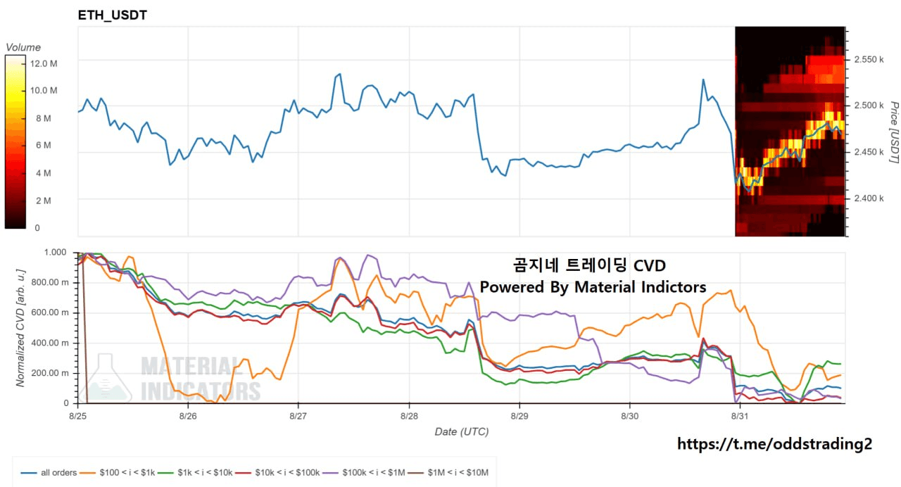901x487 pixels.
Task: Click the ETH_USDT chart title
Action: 112,15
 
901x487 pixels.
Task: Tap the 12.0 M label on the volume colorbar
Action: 44,63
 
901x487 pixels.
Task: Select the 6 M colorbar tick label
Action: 44,145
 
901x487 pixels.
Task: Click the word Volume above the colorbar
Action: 23,47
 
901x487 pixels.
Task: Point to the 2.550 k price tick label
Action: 869,60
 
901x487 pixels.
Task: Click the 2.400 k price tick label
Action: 869,198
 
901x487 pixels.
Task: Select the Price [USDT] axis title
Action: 894,132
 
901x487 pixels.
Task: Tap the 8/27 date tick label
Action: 298,416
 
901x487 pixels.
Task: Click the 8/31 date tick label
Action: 740,416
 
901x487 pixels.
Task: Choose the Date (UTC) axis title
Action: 462,432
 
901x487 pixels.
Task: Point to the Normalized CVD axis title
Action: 20,328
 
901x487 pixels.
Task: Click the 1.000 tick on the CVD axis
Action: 55,252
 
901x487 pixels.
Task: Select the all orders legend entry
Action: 49,472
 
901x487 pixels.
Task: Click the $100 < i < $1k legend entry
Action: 118,472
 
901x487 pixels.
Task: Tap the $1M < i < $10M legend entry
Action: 448,472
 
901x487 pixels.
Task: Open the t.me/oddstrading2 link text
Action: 775,444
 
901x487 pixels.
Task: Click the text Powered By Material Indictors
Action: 593,287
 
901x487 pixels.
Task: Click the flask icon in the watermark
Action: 106,378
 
